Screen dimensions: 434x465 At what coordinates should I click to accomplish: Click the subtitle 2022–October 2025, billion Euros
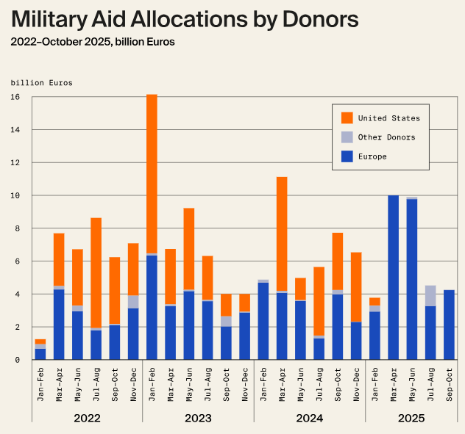(93, 42)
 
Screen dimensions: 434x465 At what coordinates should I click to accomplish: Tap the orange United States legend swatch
(347, 117)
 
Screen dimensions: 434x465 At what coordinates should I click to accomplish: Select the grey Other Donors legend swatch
(347, 137)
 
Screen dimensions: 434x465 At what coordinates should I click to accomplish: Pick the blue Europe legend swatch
(347, 156)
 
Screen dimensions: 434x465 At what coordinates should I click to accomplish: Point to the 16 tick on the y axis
(15, 97)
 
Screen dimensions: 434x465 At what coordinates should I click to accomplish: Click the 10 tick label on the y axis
(15, 195)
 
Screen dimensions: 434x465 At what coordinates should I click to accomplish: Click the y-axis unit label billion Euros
(41, 83)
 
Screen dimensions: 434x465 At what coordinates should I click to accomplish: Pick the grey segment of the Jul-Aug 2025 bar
(431, 295)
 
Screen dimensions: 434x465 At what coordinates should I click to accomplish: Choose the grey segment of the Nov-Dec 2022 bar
(133, 302)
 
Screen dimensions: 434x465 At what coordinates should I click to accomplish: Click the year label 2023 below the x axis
(198, 419)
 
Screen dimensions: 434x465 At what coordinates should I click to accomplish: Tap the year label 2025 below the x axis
(412, 419)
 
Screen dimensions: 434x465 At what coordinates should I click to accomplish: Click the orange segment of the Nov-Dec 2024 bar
(356, 286)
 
